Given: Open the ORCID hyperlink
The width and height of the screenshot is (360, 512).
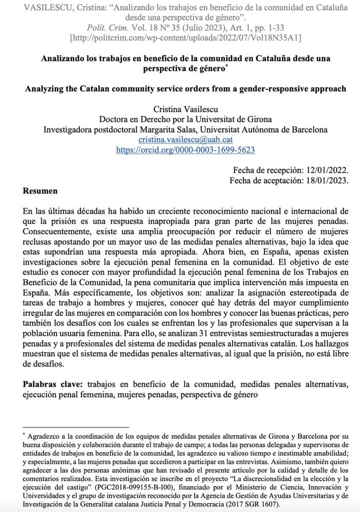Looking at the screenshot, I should (x=186, y=150).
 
